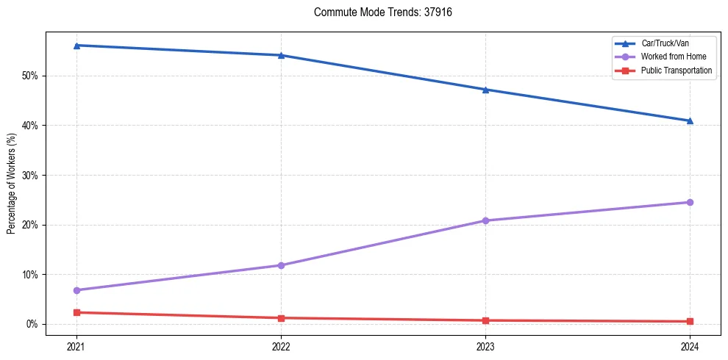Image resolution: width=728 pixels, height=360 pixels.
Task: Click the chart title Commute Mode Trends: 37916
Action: tap(377, 12)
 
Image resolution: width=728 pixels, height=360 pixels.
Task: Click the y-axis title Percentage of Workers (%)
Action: tap(12, 183)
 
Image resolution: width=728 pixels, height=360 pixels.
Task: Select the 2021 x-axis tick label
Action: tap(76, 345)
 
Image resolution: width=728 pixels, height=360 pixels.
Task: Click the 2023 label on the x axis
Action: tap(485, 345)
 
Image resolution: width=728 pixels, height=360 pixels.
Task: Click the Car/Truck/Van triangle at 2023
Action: tap(485, 90)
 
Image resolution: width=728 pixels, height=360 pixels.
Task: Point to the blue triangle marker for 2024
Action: tap(690, 120)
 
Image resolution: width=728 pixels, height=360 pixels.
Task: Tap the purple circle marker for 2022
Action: tap(280, 265)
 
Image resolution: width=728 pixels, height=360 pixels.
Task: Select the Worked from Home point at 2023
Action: tap(485, 220)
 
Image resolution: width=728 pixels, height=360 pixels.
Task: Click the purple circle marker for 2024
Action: tap(690, 202)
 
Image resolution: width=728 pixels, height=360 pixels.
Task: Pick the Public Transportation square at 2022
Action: tap(280, 318)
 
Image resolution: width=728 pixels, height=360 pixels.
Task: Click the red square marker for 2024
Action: tap(690, 321)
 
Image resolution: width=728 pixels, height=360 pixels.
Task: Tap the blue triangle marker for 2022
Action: tap(280, 55)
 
